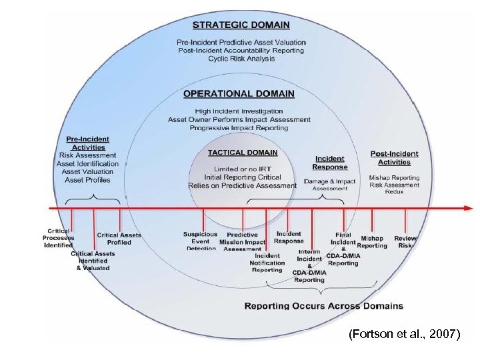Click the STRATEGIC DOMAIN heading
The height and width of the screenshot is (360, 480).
(241, 25)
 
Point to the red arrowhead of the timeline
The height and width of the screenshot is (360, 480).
(468, 208)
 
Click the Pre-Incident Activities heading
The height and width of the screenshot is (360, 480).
(89, 143)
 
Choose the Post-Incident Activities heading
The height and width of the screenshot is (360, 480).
(394, 158)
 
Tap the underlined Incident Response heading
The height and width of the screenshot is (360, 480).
(330, 163)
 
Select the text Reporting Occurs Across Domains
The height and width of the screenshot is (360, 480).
(323, 306)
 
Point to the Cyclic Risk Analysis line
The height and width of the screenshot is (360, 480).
(241, 59)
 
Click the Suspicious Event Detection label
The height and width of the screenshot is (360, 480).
(200, 241)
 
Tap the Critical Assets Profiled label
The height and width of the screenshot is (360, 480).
(119, 238)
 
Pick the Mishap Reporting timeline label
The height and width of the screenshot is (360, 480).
(372, 241)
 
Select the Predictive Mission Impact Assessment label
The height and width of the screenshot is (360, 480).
(242, 242)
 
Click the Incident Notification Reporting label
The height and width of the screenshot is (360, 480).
(267, 263)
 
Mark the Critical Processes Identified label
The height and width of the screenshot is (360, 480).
(59, 238)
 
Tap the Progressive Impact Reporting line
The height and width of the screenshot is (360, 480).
(239, 127)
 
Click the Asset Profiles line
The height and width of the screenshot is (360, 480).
(89, 180)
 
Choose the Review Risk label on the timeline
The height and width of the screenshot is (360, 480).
(405, 241)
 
